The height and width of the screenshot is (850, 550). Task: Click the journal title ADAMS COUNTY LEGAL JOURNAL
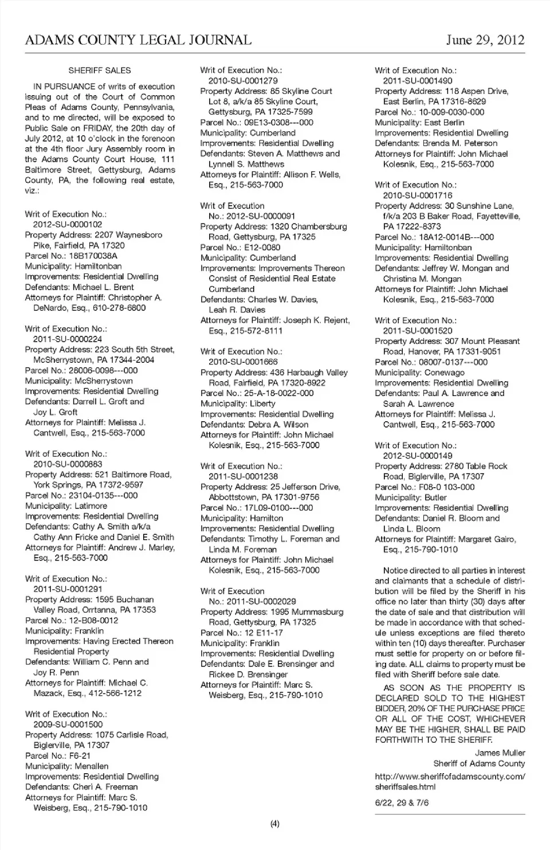[138, 40]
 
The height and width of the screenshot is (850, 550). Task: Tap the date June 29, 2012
[485, 40]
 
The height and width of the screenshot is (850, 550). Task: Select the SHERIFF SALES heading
[100, 70]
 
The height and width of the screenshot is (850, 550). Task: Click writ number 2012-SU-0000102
[68, 225]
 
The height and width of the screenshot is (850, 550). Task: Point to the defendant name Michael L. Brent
[103, 287]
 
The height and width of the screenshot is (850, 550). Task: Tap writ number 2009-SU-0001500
[68, 724]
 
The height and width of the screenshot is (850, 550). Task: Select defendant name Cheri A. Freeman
[105, 787]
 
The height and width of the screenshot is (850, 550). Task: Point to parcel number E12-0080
[262, 248]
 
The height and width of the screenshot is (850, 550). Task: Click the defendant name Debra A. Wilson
[278, 425]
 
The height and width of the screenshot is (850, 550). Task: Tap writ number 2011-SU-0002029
[261, 602]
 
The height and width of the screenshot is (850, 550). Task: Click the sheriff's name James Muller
[500, 753]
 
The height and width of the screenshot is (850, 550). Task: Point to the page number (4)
[275, 824]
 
